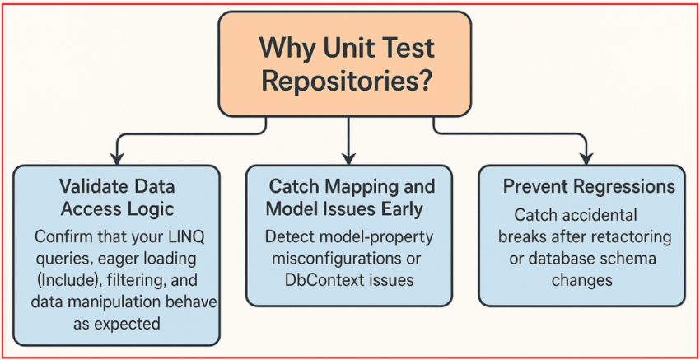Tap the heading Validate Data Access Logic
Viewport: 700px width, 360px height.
pos(117,198)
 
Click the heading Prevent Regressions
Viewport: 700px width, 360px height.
pos(589,187)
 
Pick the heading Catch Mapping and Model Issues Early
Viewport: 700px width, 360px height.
pos(349,198)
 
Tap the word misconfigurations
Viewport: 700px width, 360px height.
pos(330,259)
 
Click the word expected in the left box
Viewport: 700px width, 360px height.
pos(128,323)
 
